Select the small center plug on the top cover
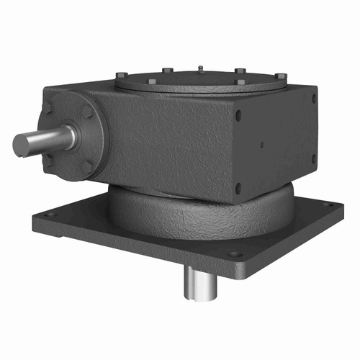click(198, 68)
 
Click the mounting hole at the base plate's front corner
click(235, 253)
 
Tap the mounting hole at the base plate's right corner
click(330, 205)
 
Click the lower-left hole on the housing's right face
click(238, 186)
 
